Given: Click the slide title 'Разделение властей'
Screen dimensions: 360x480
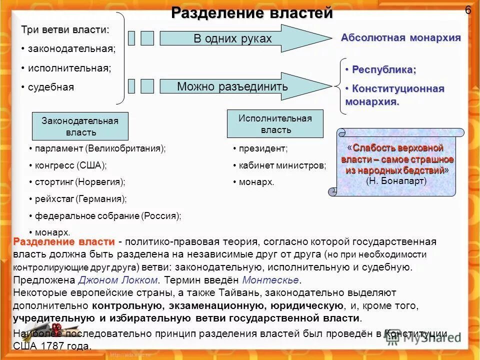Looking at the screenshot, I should (251, 12).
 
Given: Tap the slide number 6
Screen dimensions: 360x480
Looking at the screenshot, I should (468, 10).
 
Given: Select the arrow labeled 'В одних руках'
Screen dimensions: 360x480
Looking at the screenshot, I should (232, 38).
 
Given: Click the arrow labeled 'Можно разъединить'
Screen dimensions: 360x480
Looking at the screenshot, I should (232, 86).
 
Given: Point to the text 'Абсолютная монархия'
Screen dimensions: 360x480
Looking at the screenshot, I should (400, 37).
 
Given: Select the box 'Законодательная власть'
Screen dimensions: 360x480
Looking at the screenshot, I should (80, 126).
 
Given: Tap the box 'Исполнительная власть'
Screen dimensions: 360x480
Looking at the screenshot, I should (275, 124).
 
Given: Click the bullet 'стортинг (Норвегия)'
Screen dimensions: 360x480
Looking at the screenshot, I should (80, 181).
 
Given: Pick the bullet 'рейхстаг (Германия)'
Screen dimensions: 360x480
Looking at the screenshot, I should (80, 198).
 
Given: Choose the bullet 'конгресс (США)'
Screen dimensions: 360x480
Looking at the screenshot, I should (70, 164).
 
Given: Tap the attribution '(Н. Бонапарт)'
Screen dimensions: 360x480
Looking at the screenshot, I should (396, 181).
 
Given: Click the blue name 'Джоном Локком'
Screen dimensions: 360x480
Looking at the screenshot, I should (118, 279).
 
